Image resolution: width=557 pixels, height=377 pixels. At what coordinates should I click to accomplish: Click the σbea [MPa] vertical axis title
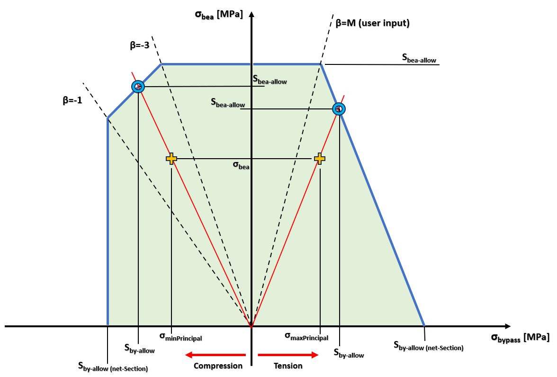click(218, 14)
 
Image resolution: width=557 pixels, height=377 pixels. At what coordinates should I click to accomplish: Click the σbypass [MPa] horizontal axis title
click(520, 337)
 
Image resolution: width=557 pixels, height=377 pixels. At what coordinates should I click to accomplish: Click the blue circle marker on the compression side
click(137, 87)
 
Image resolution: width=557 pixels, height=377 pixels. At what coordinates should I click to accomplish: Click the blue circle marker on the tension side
click(339, 109)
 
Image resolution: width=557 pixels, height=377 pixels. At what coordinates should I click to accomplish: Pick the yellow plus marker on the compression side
click(171, 159)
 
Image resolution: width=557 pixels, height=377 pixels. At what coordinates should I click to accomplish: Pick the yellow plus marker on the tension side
click(320, 159)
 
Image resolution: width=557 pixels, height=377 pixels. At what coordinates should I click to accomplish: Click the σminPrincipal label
click(180, 337)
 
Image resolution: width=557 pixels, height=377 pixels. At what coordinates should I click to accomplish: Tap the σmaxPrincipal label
click(306, 336)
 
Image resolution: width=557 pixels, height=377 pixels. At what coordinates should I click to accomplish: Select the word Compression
click(218, 366)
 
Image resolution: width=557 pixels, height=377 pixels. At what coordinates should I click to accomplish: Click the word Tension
click(288, 366)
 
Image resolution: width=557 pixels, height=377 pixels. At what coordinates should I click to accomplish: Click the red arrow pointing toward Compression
click(216, 354)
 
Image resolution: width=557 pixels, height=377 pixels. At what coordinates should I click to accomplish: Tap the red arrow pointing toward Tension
click(288, 354)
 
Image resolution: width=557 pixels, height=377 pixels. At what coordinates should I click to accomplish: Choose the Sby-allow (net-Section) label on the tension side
click(429, 345)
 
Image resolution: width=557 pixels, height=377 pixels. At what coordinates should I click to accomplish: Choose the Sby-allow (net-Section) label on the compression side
click(113, 366)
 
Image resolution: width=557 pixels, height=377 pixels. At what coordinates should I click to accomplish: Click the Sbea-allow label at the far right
click(419, 58)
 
